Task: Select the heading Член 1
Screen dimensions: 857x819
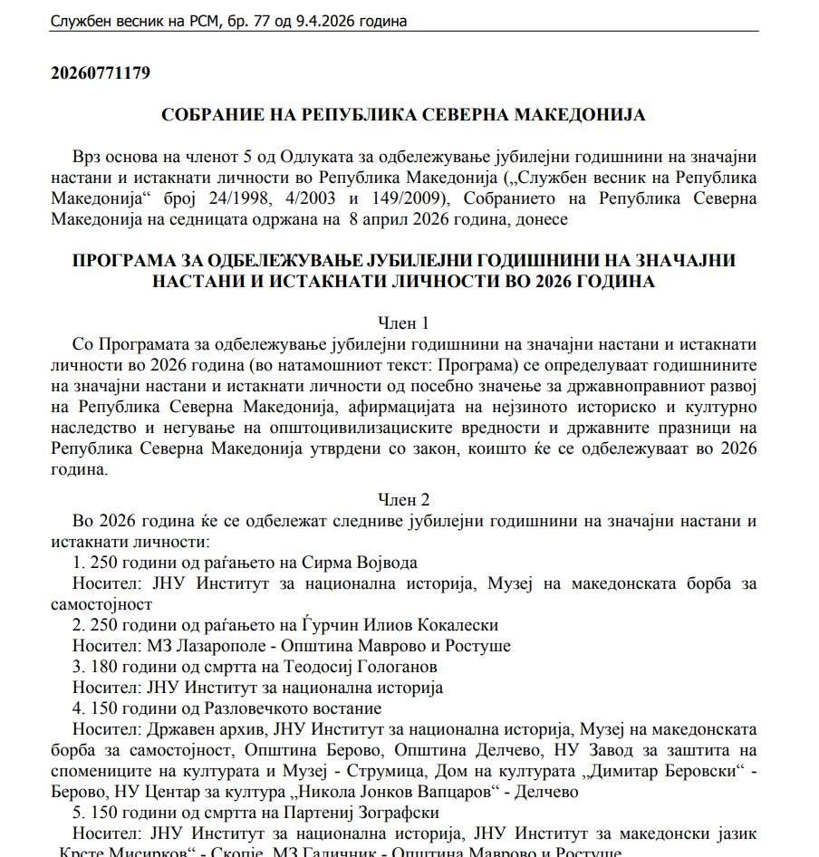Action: pyautogui.click(x=403, y=323)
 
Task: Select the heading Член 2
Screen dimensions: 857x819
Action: pyautogui.click(x=403, y=500)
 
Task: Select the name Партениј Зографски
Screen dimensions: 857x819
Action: pyautogui.click(x=374, y=813)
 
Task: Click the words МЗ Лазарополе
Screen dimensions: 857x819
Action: pyautogui.click(x=196, y=646)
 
